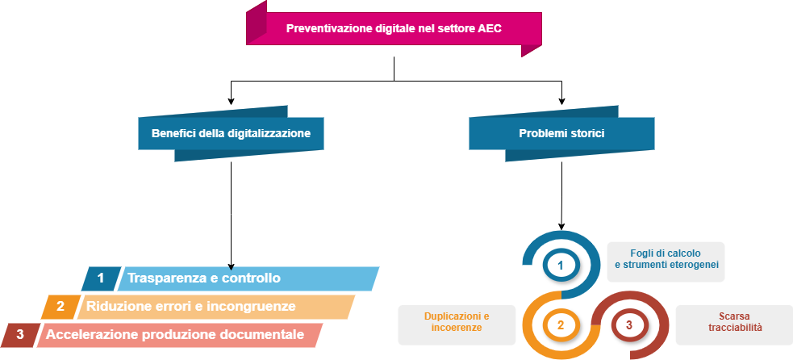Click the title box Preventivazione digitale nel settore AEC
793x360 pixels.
(x=394, y=29)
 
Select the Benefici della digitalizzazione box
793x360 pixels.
(x=232, y=133)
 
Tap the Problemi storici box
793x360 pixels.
(x=561, y=133)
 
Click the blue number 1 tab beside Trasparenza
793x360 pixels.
(x=101, y=278)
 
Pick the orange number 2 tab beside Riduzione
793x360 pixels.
(x=60, y=307)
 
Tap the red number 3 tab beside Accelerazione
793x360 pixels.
(x=20, y=334)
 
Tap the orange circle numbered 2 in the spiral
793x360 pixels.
(x=561, y=325)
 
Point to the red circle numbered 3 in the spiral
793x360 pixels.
(x=628, y=325)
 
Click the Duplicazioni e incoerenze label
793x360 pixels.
(x=457, y=322)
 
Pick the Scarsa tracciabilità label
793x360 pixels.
(x=734, y=322)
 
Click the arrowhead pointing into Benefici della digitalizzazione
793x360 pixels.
(x=232, y=100)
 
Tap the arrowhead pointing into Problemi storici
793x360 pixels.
(x=561, y=100)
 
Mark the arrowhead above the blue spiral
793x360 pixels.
(x=561, y=225)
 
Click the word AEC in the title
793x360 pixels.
(x=489, y=29)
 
